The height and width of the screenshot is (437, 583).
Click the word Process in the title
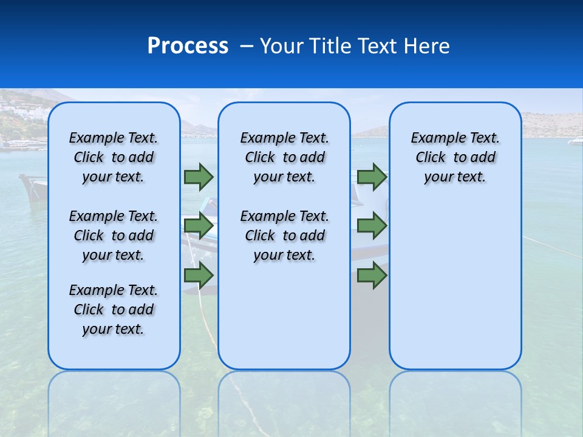[188, 46]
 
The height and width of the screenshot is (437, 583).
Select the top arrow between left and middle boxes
[199, 177]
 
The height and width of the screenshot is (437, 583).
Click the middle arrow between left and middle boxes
[199, 226]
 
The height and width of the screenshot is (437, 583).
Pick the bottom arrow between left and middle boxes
[199, 276]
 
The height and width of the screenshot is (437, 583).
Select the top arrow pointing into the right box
[372, 177]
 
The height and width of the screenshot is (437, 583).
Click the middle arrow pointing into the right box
[372, 226]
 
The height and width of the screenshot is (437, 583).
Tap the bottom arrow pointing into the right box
[372, 276]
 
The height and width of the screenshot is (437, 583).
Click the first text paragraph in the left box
[114, 157]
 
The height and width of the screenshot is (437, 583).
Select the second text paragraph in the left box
[114, 235]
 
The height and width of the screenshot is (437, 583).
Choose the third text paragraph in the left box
[114, 310]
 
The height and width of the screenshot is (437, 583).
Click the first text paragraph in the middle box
[284, 157]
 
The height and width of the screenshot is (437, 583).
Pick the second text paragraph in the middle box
[284, 235]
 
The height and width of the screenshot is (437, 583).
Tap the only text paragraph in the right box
[455, 157]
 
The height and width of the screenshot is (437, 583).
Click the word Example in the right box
[435, 138]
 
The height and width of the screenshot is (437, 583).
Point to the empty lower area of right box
[455, 285]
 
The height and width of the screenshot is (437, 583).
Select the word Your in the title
[282, 46]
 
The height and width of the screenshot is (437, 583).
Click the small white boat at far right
[575, 141]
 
